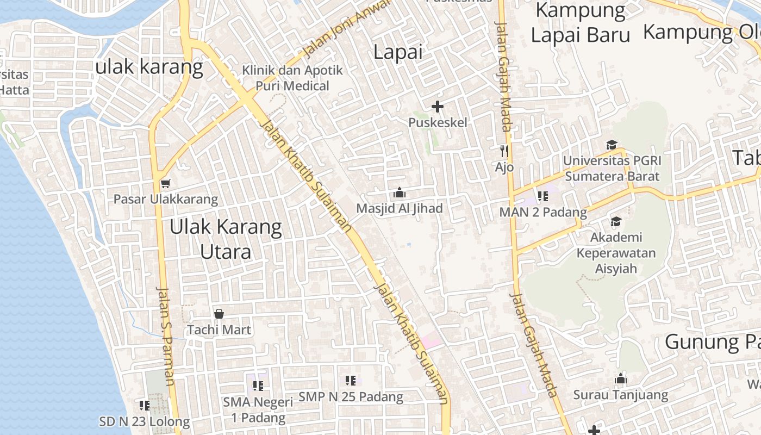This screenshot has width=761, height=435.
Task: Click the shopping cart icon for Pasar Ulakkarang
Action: [x=165, y=183]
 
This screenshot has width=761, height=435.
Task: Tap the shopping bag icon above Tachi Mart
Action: [x=219, y=314]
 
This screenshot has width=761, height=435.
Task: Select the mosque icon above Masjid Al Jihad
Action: [x=400, y=192]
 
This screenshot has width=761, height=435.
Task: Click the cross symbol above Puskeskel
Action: [x=437, y=107]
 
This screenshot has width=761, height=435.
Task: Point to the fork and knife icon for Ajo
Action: [x=504, y=151]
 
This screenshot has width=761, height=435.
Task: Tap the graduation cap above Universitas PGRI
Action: [x=612, y=145]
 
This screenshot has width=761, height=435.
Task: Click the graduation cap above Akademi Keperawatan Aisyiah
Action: [x=616, y=221]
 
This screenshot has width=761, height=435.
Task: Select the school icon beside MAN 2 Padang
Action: [x=542, y=196]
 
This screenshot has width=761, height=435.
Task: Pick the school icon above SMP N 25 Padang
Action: [x=351, y=381]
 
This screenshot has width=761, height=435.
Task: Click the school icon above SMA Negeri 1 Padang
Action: [x=258, y=386]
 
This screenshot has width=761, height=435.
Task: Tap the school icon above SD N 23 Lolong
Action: [x=145, y=405]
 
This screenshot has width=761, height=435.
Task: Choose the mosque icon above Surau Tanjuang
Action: [x=621, y=379]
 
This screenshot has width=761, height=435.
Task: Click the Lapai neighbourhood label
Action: [x=398, y=52]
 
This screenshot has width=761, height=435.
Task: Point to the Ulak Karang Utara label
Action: [x=226, y=239]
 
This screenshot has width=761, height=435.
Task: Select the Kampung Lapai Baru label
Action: [x=581, y=23]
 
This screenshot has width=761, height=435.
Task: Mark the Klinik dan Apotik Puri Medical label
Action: [x=292, y=78]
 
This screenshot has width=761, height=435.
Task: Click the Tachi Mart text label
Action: [x=219, y=330]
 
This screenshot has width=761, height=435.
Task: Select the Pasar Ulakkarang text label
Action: [x=165, y=199]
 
